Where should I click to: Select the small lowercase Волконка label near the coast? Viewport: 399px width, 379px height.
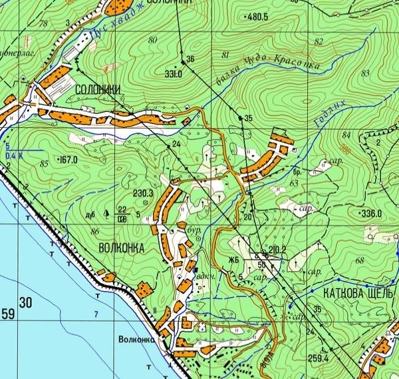136,338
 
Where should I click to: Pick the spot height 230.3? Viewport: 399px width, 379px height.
144,194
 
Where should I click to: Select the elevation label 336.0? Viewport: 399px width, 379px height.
370,213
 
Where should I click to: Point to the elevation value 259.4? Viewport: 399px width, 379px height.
317,358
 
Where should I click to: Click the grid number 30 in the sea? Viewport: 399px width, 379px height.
26,304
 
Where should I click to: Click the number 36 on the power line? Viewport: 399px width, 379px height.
190,60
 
